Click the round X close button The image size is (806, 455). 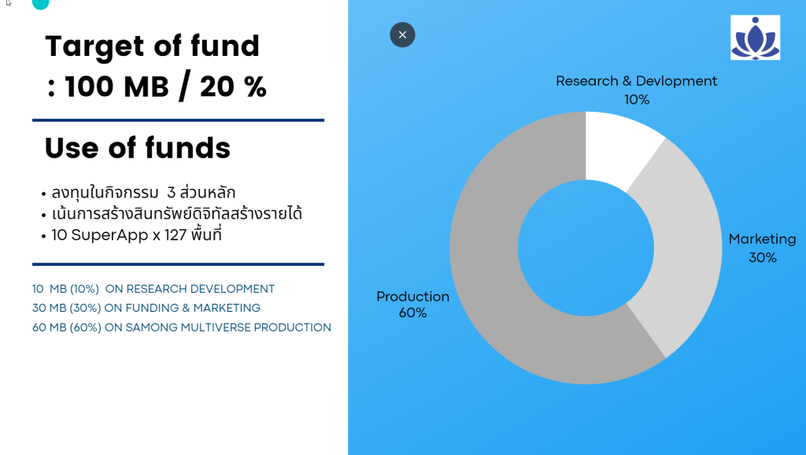click(x=402, y=35)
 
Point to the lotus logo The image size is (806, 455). click(x=755, y=38)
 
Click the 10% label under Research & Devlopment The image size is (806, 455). click(x=637, y=100)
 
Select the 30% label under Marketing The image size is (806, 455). click(x=763, y=257)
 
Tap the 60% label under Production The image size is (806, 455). click(x=412, y=313)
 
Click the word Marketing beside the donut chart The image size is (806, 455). click(x=762, y=239)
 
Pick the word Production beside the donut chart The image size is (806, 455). click(x=412, y=297)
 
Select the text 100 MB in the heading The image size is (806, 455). click(x=116, y=86)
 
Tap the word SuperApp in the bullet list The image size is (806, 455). click(x=109, y=235)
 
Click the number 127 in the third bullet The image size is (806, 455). click(x=176, y=235)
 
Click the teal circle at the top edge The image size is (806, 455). click(x=41, y=4)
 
